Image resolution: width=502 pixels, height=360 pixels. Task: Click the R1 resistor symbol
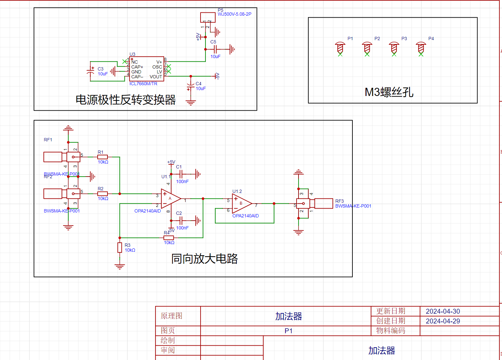tap(103, 157)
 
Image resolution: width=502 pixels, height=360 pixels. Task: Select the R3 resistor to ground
tap(120, 247)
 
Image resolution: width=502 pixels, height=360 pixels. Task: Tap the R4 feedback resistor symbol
tap(169, 238)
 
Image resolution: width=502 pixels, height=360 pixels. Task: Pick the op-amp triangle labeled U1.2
tap(241, 203)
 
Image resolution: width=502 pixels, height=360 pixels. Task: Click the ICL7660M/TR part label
tap(143, 84)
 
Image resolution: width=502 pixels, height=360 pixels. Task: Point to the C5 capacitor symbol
tap(216, 49)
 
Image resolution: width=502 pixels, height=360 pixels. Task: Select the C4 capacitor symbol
tap(190, 87)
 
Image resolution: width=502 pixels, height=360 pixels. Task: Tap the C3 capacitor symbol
tap(90, 71)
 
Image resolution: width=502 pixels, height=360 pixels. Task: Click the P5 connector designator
tap(220, 10)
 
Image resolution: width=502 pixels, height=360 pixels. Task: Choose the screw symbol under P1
tap(340, 48)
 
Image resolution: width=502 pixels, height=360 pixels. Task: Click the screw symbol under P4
tap(421, 48)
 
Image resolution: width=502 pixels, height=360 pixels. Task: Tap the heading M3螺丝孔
tap(389, 92)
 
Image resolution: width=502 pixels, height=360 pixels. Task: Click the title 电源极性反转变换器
tap(126, 100)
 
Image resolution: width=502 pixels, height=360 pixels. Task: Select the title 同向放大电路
tap(204, 259)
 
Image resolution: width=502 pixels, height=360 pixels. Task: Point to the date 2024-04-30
tap(443, 311)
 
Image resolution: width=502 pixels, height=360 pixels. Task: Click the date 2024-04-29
tap(443, 321)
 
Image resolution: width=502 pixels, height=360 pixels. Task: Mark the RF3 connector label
tap(339, 201)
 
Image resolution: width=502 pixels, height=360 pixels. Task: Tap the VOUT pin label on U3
tap(156, 77)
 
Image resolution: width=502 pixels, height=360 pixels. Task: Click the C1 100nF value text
tap(182, 181)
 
